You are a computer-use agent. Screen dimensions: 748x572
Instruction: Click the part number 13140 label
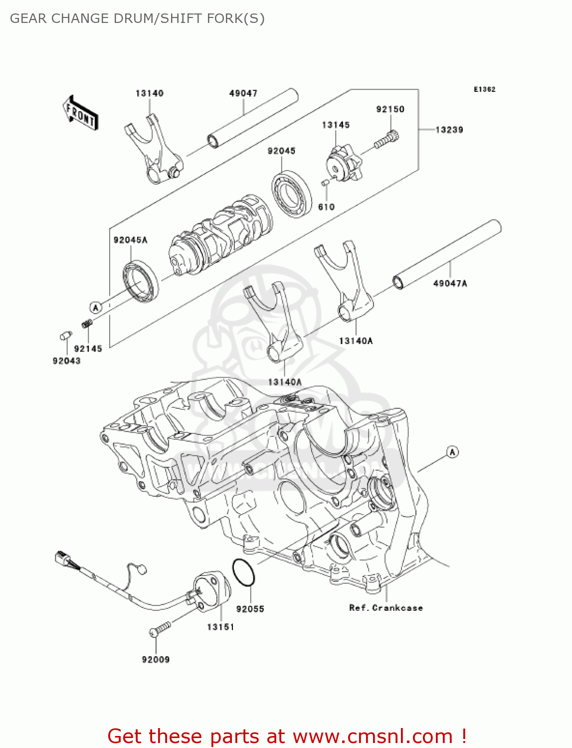[x=149, y=93]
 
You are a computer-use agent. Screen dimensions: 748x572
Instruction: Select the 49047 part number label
[x=243, y=93]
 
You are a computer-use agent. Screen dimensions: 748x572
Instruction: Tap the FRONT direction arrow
[x=80, y=113]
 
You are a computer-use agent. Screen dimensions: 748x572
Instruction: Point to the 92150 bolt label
[x=390, y=109]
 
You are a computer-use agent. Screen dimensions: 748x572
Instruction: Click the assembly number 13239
[x=449, y=130]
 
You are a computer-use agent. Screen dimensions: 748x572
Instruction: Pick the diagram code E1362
[x=484, y=89]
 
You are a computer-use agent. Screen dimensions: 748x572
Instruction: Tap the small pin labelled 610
[x=325, y=183]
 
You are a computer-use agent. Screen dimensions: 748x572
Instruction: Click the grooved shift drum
[x=219, y=234]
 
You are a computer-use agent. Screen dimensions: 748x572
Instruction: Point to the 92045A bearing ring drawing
[x=141, y=282]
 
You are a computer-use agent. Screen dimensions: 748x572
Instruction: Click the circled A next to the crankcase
[x=452, y=452]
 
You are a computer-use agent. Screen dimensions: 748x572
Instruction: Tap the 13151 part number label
[x=220, y=627]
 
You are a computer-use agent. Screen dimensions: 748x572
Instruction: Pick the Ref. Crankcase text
[x=385, y=608]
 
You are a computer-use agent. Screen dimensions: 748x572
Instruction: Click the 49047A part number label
[x=450, y=283]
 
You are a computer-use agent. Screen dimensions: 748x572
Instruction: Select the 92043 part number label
[x=66, y=361]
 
